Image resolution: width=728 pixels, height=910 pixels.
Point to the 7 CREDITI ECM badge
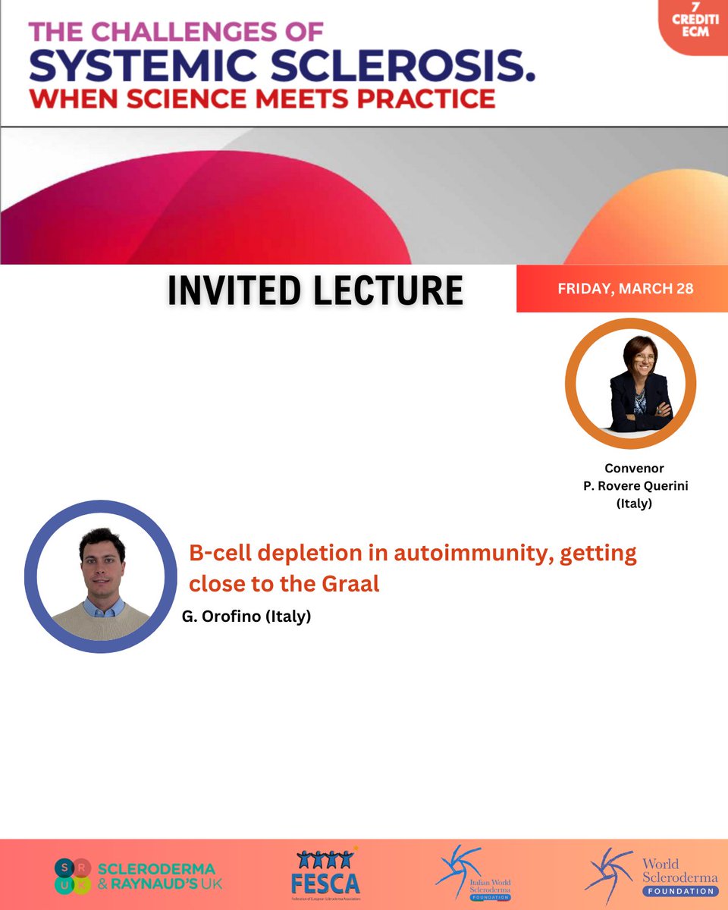[x=693, y=22]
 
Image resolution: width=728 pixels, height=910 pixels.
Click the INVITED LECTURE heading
[x=315, y=290]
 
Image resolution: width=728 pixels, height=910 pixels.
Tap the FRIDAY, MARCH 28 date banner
[x=625, y=289]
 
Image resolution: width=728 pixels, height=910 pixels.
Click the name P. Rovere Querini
[x=635, y=486]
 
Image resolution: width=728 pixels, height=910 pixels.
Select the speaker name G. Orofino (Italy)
[x=246, y=617]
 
